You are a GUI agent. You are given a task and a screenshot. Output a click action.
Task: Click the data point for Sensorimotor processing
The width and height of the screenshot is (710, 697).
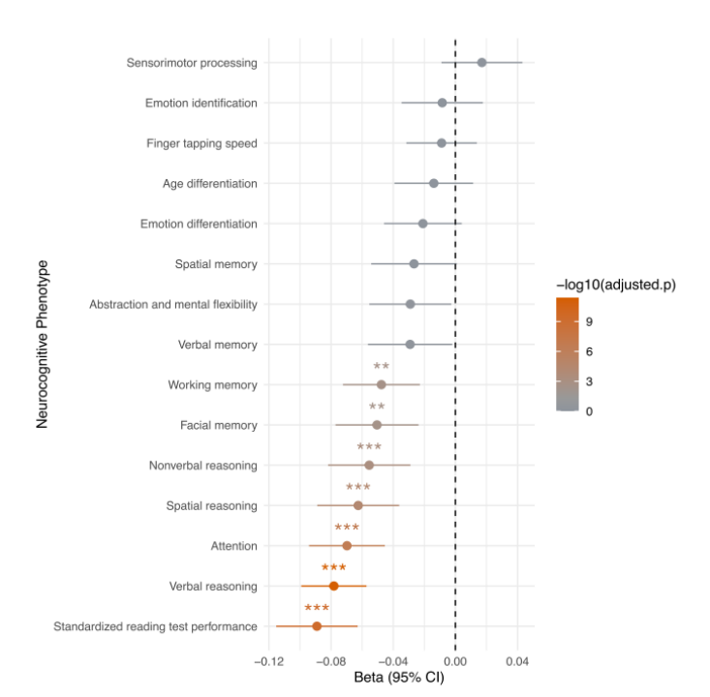click(481, 62)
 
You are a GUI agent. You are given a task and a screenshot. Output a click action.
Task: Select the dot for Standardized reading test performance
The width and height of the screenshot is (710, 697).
click(317, 626)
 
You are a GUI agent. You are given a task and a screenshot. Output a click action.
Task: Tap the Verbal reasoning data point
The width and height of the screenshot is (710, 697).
click(334, 586)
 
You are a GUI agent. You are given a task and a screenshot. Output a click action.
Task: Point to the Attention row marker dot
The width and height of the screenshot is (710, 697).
click(347, 546)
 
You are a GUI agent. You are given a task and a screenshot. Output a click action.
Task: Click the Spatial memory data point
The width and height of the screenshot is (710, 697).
click(414, 263)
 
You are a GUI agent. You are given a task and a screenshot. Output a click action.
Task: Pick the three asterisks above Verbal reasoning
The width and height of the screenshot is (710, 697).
click(334, 568)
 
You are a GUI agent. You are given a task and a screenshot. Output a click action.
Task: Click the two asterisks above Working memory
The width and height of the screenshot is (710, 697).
click(382, 367)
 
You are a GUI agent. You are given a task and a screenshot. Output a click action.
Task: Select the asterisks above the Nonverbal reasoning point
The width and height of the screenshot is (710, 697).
click(369, 447)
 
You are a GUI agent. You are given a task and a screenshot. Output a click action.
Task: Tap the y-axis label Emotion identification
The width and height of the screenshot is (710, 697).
click(201, 103)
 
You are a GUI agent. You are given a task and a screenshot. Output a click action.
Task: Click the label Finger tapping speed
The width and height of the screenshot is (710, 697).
click(201, 143)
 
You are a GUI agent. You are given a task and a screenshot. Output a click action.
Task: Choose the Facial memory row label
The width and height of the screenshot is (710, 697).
click(219, 425)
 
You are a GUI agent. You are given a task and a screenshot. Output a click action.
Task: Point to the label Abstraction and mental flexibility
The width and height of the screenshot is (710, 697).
click(173, 304)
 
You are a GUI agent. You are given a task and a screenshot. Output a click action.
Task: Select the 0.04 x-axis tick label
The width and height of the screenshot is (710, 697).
click(517, 662)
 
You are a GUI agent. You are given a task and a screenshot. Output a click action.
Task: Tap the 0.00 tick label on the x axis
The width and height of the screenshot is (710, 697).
click(455, 662)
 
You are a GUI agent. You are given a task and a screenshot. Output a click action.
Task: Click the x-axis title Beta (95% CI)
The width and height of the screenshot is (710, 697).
click(392, 679)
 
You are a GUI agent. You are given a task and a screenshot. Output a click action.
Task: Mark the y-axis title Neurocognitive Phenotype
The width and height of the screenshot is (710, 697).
click(44, 344)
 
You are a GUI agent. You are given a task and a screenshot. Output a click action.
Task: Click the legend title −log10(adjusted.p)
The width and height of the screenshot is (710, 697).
click(616, 285)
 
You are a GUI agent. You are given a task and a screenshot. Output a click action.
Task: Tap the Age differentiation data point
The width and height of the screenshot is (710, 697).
click(434, 183)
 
